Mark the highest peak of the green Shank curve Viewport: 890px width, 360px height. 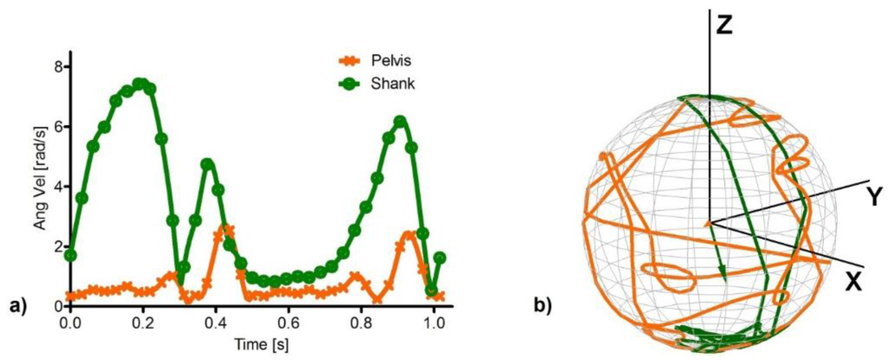[x=139, y=83]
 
